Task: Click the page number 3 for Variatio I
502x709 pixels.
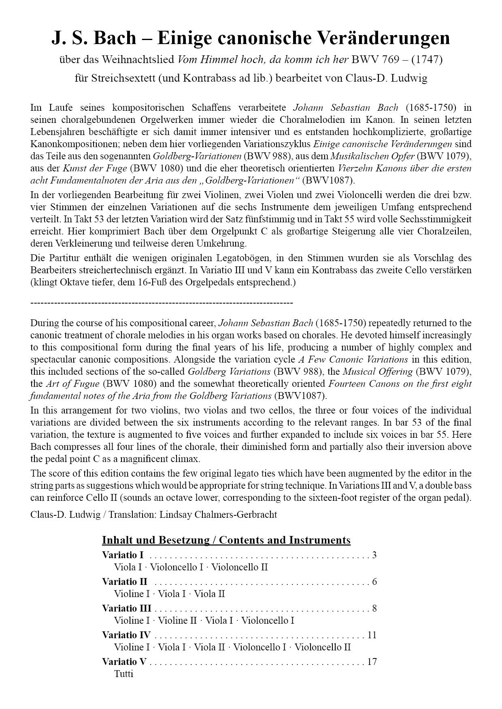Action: (374, 555)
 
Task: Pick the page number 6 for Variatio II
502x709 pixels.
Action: (374, 582)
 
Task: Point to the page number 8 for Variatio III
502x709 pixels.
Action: (374, 608)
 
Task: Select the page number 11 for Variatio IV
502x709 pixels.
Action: (372, 635)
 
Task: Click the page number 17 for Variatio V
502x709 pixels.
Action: (372, 662)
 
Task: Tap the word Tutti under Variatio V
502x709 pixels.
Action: (123, 674)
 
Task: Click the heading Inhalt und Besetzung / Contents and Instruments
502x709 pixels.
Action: (226, 540)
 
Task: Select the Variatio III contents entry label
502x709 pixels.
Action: (126, 608)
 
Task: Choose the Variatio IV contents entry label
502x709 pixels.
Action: (126, 635)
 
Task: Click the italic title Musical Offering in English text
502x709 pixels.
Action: (378, 371)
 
